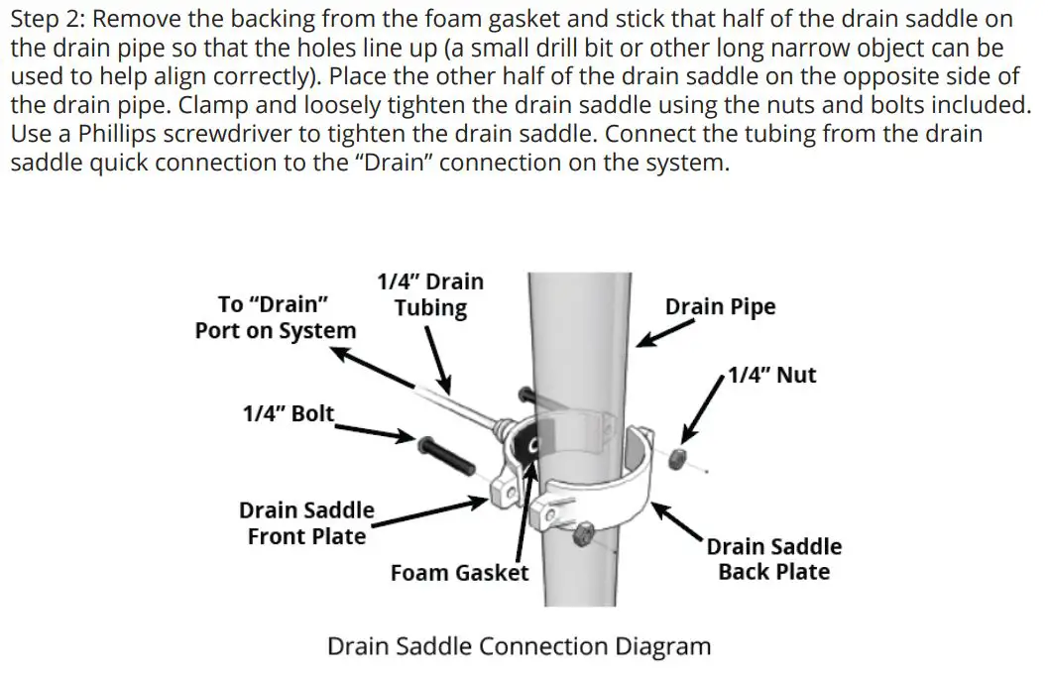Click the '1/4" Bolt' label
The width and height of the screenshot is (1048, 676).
(289, 413)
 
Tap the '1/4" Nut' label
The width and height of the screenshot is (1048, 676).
(771, 375)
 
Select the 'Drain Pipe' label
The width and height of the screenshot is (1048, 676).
(720, 306)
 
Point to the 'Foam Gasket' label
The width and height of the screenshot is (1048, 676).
(459, 573)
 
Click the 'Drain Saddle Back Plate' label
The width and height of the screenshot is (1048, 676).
(773, 559)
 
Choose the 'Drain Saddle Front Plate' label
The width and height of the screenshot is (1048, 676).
(306, 523)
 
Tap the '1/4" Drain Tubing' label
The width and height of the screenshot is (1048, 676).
(430, 294)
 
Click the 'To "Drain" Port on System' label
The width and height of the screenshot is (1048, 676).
(275, 317)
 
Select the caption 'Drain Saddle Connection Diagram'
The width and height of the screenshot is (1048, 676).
(519, 647)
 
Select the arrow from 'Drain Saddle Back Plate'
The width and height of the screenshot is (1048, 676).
(680, 521)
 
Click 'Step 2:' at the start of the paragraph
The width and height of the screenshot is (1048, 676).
(48, 19)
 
